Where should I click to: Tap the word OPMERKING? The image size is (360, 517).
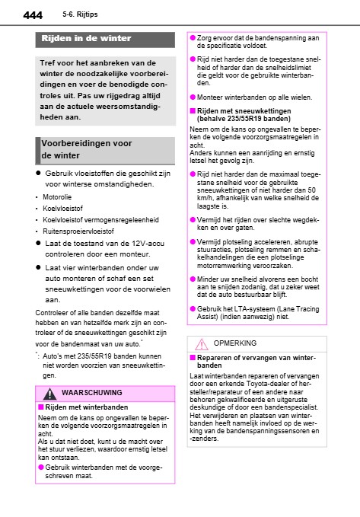click(x=245, y=343)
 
